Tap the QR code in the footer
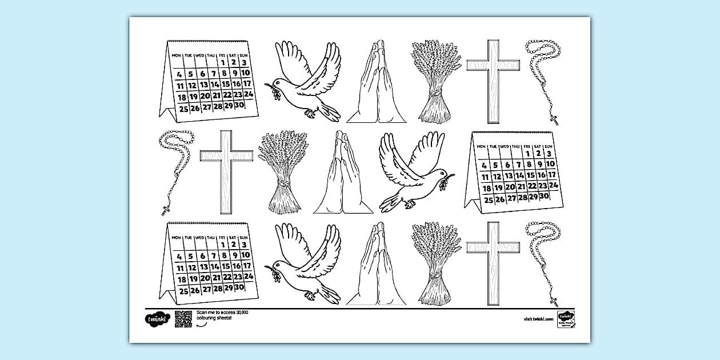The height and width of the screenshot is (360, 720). (x=183, y=318)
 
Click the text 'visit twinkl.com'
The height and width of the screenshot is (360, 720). (x=538, y=319)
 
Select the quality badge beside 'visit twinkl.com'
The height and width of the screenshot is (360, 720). (x=566, y=318)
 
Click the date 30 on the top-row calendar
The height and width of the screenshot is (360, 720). (x=240, y=105)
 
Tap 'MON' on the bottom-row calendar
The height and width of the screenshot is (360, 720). (x=176, y=237)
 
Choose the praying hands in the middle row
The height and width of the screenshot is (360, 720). (x=342, y=174)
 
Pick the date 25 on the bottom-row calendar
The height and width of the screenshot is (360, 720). (x=183, y=291)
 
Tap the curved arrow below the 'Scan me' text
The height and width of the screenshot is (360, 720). (x=200, y=324)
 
